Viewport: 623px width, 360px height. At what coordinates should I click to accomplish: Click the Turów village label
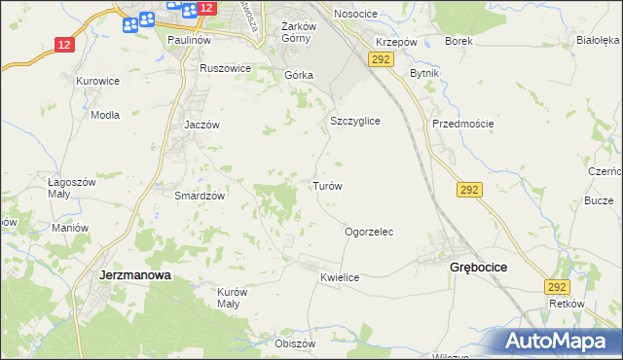[326, 185]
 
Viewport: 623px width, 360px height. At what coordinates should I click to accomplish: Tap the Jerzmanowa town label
[135, 275]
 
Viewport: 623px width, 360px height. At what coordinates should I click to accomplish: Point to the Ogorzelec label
[369, 233]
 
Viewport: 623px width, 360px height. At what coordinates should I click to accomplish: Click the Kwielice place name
[340, 277]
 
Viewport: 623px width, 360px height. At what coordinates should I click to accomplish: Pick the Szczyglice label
[354, 121]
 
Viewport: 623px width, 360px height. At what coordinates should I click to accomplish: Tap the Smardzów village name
[200, 195]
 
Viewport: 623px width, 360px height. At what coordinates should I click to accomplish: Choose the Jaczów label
[202, 126]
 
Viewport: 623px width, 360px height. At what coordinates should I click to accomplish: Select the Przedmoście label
[463, 124]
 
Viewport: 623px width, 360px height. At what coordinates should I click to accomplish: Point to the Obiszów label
[296, 343]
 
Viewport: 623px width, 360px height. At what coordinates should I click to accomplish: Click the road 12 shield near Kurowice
[64, 45]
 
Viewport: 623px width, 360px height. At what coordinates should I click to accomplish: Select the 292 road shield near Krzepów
[380, 60]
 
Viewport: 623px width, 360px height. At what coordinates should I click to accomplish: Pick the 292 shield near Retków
[556, 287]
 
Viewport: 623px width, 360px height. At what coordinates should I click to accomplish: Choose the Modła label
[104, 114]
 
